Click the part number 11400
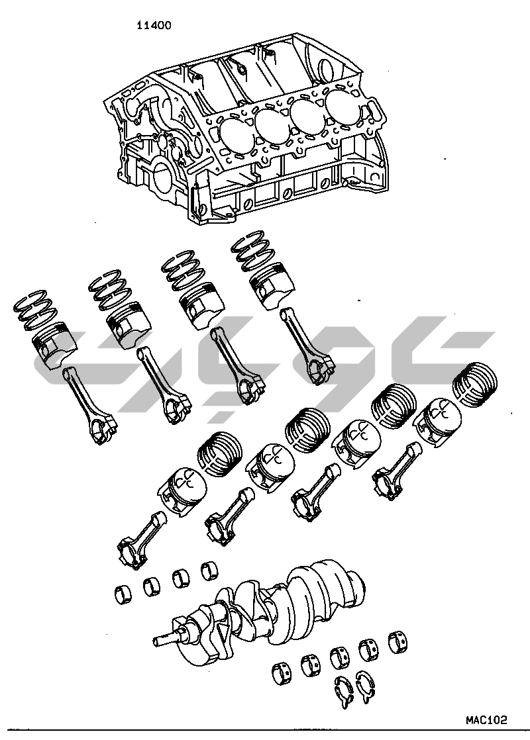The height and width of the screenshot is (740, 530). (x=154, y=25)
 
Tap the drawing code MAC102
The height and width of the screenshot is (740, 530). (x=486, y=720)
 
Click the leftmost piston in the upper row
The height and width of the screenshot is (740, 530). (x=54, y=344)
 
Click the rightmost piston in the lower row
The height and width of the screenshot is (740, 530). (x=437, y=419)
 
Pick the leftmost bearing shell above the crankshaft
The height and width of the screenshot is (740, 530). (x=124, y=594)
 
